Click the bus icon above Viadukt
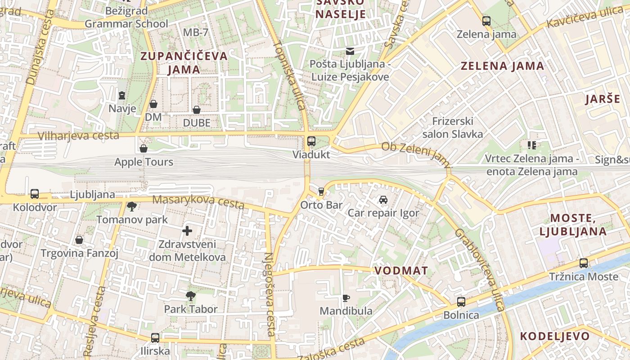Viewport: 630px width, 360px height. (x=311, y=141)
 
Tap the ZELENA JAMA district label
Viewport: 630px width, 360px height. (x=502, y=66)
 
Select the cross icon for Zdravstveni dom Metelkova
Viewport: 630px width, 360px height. (x=187, y=231)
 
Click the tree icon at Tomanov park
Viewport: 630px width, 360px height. (x=132, y=207)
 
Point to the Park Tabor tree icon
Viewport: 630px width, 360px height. (x=191, y=296)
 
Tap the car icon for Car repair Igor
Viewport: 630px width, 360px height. (x=383, y=199)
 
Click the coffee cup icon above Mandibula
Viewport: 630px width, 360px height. (x=346, y=297)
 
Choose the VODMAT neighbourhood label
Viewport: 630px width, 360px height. (x=401, y=270)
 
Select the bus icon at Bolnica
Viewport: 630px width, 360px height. (x=461, y=301)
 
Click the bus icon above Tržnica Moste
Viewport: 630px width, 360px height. (x=584, y=263)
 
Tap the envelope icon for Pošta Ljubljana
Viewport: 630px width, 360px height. (x=350, y=51)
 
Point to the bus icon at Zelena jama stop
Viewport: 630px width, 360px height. (x=486, y=21)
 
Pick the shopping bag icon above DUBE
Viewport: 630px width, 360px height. (x=197, y=109)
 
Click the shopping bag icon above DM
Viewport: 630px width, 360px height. (x=153, y=104)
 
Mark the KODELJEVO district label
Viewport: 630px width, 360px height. (x=554, y=336)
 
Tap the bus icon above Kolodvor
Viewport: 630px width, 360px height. (x=35, y=194)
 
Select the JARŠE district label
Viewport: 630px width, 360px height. (x=603, y=99)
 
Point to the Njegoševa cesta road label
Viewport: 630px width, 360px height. (x=269, y=294)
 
